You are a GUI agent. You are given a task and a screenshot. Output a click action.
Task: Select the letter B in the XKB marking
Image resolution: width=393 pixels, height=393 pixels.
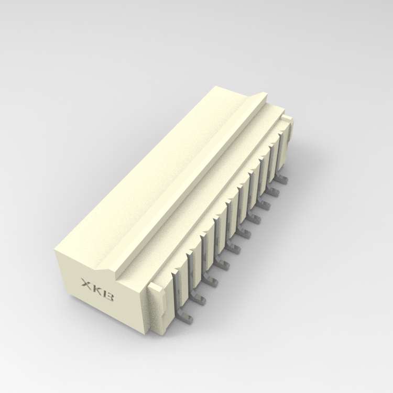[109, 297]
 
